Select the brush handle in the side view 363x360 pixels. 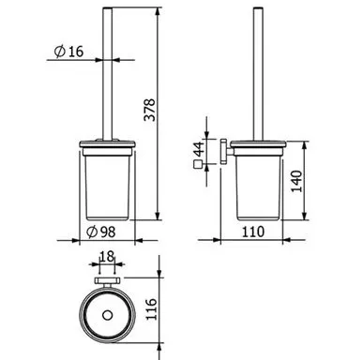click(x=257, y=75)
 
